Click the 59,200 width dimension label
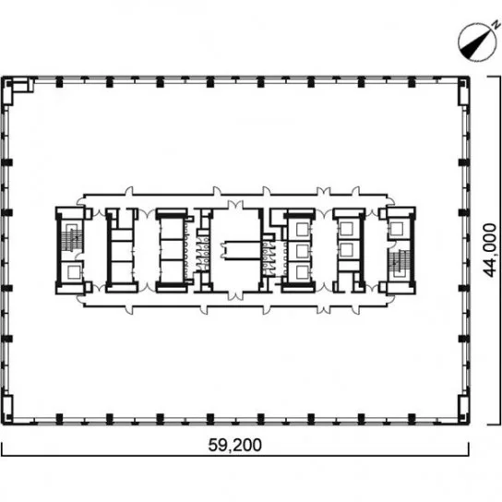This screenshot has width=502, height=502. pos(235,445)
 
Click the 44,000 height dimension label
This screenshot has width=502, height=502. pos(489,250)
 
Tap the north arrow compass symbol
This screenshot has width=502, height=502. pos(475,42)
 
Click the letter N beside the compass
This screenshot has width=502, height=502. pos(496,24)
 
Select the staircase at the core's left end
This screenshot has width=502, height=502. pos(70,238)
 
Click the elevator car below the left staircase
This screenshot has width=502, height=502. pos(73,272)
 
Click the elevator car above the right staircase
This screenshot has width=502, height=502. pos(397,229)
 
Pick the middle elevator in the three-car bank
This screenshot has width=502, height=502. pos(302,251)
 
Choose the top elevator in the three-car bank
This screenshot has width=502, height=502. pos(302,229)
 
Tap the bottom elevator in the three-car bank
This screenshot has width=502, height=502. pos(302,272)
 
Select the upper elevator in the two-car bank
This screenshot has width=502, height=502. pos(347,229)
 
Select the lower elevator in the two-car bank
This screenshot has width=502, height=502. pos(347,250)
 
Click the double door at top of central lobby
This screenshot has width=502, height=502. pos(235,205)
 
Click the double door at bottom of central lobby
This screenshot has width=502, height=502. pos(235,296)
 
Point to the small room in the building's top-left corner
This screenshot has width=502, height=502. pos(22,86)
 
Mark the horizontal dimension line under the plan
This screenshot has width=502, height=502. pos(235,455)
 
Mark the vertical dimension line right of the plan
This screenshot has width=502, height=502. pos(499,250)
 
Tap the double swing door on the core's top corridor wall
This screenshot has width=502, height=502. pos(323,191)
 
